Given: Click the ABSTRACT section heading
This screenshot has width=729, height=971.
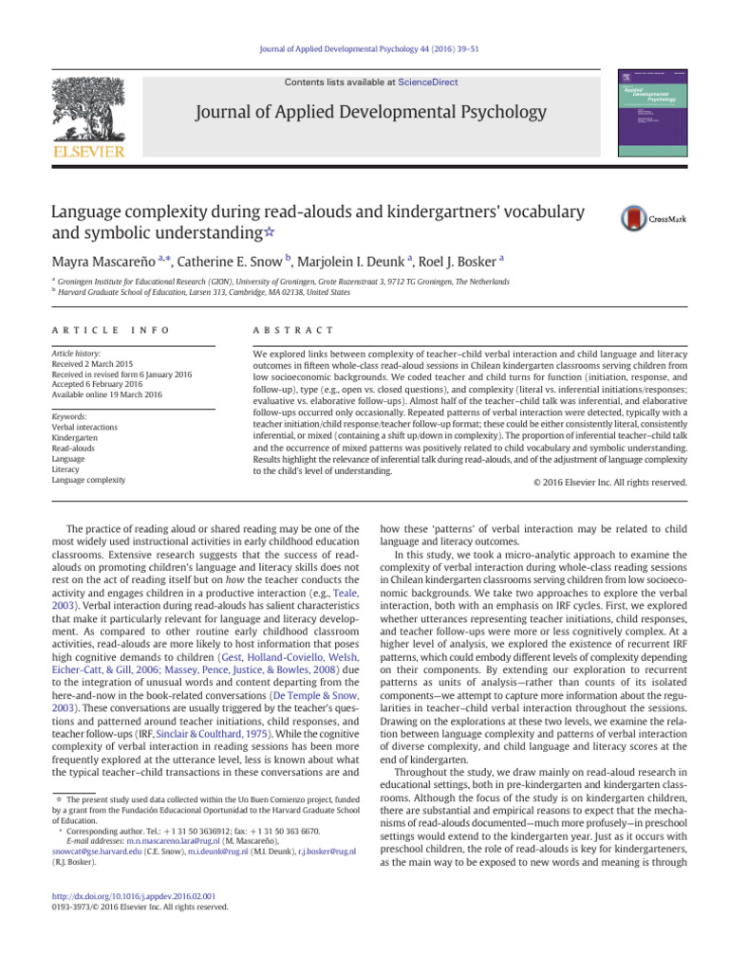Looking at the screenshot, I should click(286, 330).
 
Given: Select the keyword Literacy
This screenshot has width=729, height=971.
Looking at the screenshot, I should click(65, 469).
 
